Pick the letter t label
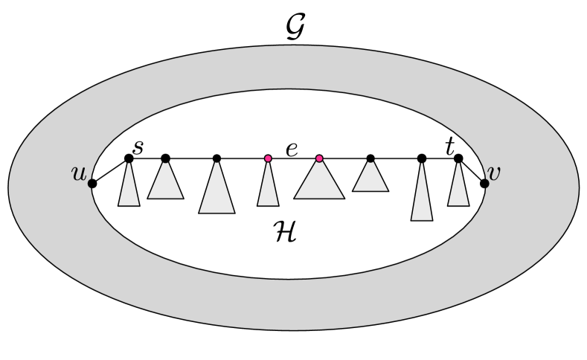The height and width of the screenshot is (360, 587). click(x=449, y=147)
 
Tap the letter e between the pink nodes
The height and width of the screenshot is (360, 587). click(x=292, y=149)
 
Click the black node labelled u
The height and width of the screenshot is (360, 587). click(x=92, y=183)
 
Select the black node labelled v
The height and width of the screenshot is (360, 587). click(x=484, y=183)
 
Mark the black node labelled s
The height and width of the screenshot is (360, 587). click(x=129, y=158)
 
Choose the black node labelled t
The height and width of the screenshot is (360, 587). click(x=458, y=158)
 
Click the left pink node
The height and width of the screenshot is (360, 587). click(x=268, y=158)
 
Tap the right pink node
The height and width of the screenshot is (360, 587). click(x=319, y=158)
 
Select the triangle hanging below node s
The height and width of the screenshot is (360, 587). click(x=129, y=190)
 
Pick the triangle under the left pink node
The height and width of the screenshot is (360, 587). click(x=268, y=190)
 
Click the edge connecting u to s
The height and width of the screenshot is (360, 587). click(x=110, y=171)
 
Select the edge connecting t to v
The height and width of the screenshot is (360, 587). click(x=472, y=171)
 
